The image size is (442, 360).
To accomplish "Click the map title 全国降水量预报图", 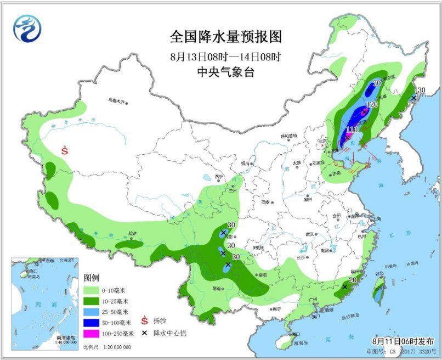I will pyautogui.click(x=225, y=37).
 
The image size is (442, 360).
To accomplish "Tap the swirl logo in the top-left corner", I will pyautogui.click(x=27, y=29).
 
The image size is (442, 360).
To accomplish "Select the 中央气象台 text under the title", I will pyautogui.click(x=225, y=72).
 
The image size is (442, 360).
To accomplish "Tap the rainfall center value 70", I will pyautogui.click(x=377, y=83).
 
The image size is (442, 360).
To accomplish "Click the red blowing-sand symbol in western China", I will pyautogui.click(x=65, y=149).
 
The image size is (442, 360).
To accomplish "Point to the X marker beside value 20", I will pyautogui.click(x=344, y=286).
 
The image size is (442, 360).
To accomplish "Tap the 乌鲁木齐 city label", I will pyautogui.click(x=117, y=100).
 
